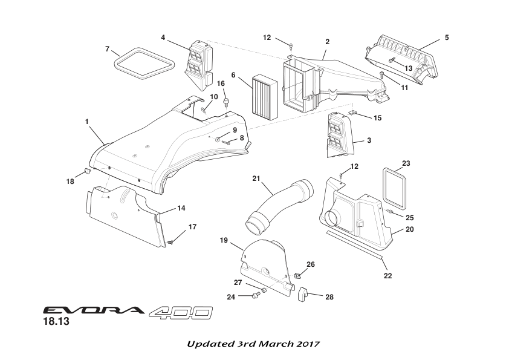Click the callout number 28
click(329, 297)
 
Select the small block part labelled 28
click(304, 296)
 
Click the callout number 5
click(446, 38)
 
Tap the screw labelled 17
click(172, 241)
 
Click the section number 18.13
click(56, 322)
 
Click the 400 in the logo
click(180, 312)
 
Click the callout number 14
click(181, 208)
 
